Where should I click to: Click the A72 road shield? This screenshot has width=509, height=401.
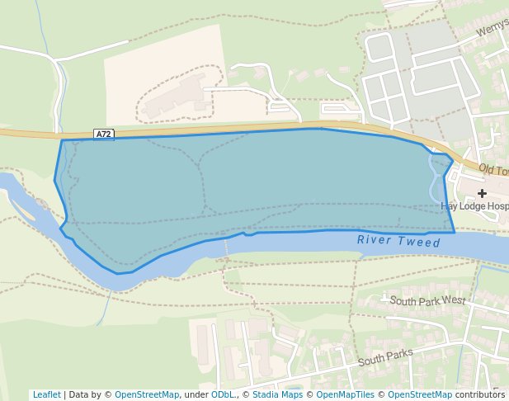pyautogui.click(x=103, y=134)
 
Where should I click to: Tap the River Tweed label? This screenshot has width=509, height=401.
pyautogui.click(x=399, y=241)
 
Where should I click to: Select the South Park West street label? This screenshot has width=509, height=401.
pyautogui.click(x=427, y=300)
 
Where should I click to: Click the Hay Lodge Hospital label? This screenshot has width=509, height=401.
pyautogui.click(x=474, y=206)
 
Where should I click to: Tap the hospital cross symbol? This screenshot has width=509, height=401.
pyautogui.click(x=483, y=193)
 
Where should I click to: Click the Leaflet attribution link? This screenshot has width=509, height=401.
pyautogui.click(x=47, y=395)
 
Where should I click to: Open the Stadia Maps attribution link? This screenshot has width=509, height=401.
pyautogui.click(x=277, y=395)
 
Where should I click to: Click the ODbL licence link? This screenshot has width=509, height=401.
pyautogui.click(x=223, y=395)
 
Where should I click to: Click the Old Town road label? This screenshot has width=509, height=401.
pyautogui.click(x=493, y=171)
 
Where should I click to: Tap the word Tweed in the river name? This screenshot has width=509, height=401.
pyautogui.click(x=421, y=242)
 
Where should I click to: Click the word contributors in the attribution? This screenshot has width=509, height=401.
pyautogui.click(x=480, y=395)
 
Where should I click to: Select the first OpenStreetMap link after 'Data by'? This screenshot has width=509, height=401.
pyautogui.click(x=147, y=395)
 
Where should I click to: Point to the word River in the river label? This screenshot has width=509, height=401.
pyautogui.click(x=373, y=240)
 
